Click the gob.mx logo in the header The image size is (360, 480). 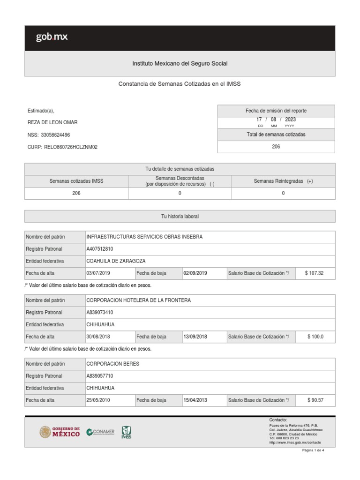(52, 37)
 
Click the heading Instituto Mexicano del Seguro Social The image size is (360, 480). (180, 63)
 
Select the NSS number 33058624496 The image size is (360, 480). (55, 135)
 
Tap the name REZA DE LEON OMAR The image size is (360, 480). (53, 122)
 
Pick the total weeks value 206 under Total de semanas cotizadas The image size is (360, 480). (276, 147)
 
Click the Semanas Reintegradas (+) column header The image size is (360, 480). (283, 181)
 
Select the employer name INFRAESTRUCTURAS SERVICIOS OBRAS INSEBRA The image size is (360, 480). (145, 237)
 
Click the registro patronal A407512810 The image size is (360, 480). (100, 249)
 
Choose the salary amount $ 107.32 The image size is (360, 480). (314, 273)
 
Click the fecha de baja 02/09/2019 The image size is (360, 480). (195, 273)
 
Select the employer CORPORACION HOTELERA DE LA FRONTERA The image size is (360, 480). (139, 300)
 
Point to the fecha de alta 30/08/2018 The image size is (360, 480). (98, 337)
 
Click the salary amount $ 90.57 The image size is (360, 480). (315, 400)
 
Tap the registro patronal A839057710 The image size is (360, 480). (100, 376)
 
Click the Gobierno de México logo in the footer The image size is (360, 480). (60, 432)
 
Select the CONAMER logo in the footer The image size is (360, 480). (100, 432)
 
